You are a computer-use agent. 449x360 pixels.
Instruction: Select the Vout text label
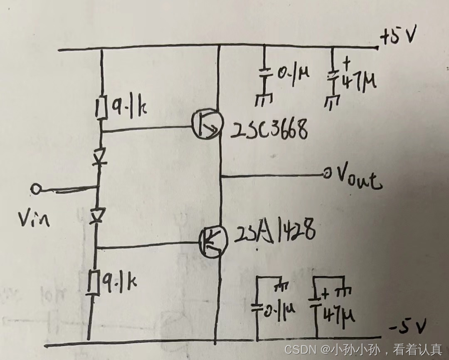click(x=358, y=180)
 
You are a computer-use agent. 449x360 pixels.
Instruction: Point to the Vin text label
click(x=34, y=218)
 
